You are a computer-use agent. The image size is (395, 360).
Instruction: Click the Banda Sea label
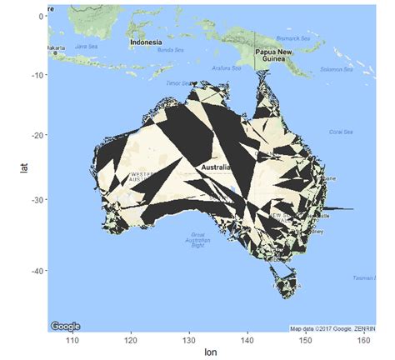click(x=171, y=51)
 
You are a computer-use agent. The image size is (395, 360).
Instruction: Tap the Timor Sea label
click(x=178, y=83)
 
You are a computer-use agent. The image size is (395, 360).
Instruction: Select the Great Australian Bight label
click(x=197, y=239)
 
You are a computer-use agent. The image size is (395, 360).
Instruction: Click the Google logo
click(x=66, y=326)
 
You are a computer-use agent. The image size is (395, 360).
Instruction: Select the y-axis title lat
click(x=25, y=168)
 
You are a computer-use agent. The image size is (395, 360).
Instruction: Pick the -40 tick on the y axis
click(x=36, y=271)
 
